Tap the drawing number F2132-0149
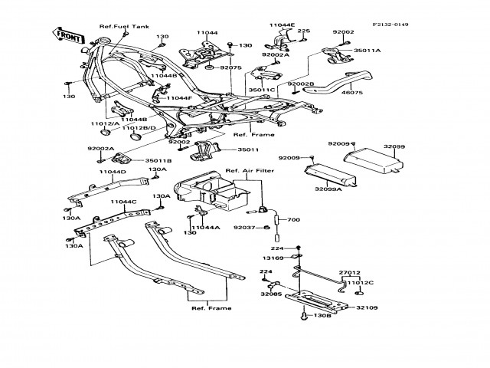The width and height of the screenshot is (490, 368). click(390, 25)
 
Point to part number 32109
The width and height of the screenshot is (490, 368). click(368, 307)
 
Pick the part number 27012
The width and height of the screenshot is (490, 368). click(349, 271)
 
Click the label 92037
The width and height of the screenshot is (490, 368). click(244, 227)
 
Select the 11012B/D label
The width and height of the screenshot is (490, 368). click(139, 127)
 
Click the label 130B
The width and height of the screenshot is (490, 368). click(322, 315)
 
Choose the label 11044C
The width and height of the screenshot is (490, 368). click(123, 202)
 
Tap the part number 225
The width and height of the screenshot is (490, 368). click(304, 31)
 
